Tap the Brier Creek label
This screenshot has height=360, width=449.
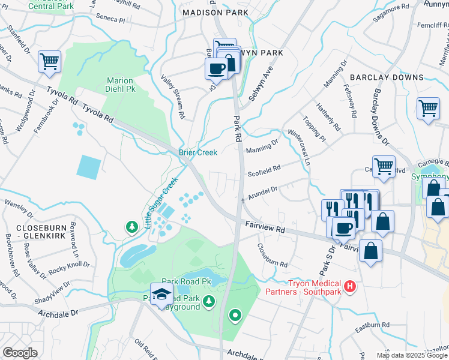point(197,152)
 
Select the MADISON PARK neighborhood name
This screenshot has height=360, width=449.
point(215,12)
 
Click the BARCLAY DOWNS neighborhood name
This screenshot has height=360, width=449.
point(387,77)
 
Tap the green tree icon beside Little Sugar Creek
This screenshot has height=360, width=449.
point(131,227)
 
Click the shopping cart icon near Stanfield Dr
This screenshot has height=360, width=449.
point(49,61)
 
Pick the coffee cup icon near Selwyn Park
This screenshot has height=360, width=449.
point(216,68)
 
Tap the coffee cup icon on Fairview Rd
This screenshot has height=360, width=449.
point(343,227)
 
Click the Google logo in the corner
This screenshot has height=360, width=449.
point(20,353)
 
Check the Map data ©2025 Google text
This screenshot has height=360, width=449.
point(412,355)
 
